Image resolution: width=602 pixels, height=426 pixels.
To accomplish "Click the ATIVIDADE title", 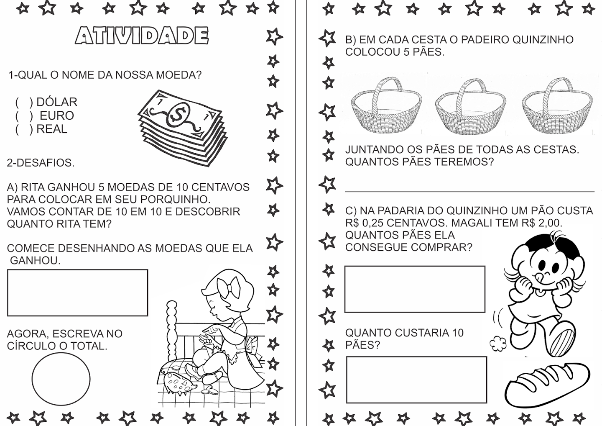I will click(x=142, y=36).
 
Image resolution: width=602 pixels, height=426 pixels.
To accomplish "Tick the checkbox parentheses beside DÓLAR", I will click(x=24, y=102).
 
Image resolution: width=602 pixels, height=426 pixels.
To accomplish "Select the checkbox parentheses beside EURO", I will click(x=24, y=115).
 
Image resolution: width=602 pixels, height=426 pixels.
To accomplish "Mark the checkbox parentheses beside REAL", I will click(x=24, y=129).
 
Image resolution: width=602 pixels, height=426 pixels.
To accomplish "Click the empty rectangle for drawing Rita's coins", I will click(x=77, y=293).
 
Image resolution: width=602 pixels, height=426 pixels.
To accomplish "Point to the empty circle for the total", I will click(x=61, y=379).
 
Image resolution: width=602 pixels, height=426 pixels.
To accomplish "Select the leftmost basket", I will click(x=386, y=107).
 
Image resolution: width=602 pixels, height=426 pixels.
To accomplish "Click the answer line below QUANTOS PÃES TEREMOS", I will click(x=469, y=191).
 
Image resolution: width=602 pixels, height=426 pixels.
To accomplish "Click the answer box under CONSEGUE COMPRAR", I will click(x=415, y=289).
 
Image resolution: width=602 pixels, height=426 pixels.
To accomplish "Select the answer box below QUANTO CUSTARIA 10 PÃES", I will click(x=416, y=380).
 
